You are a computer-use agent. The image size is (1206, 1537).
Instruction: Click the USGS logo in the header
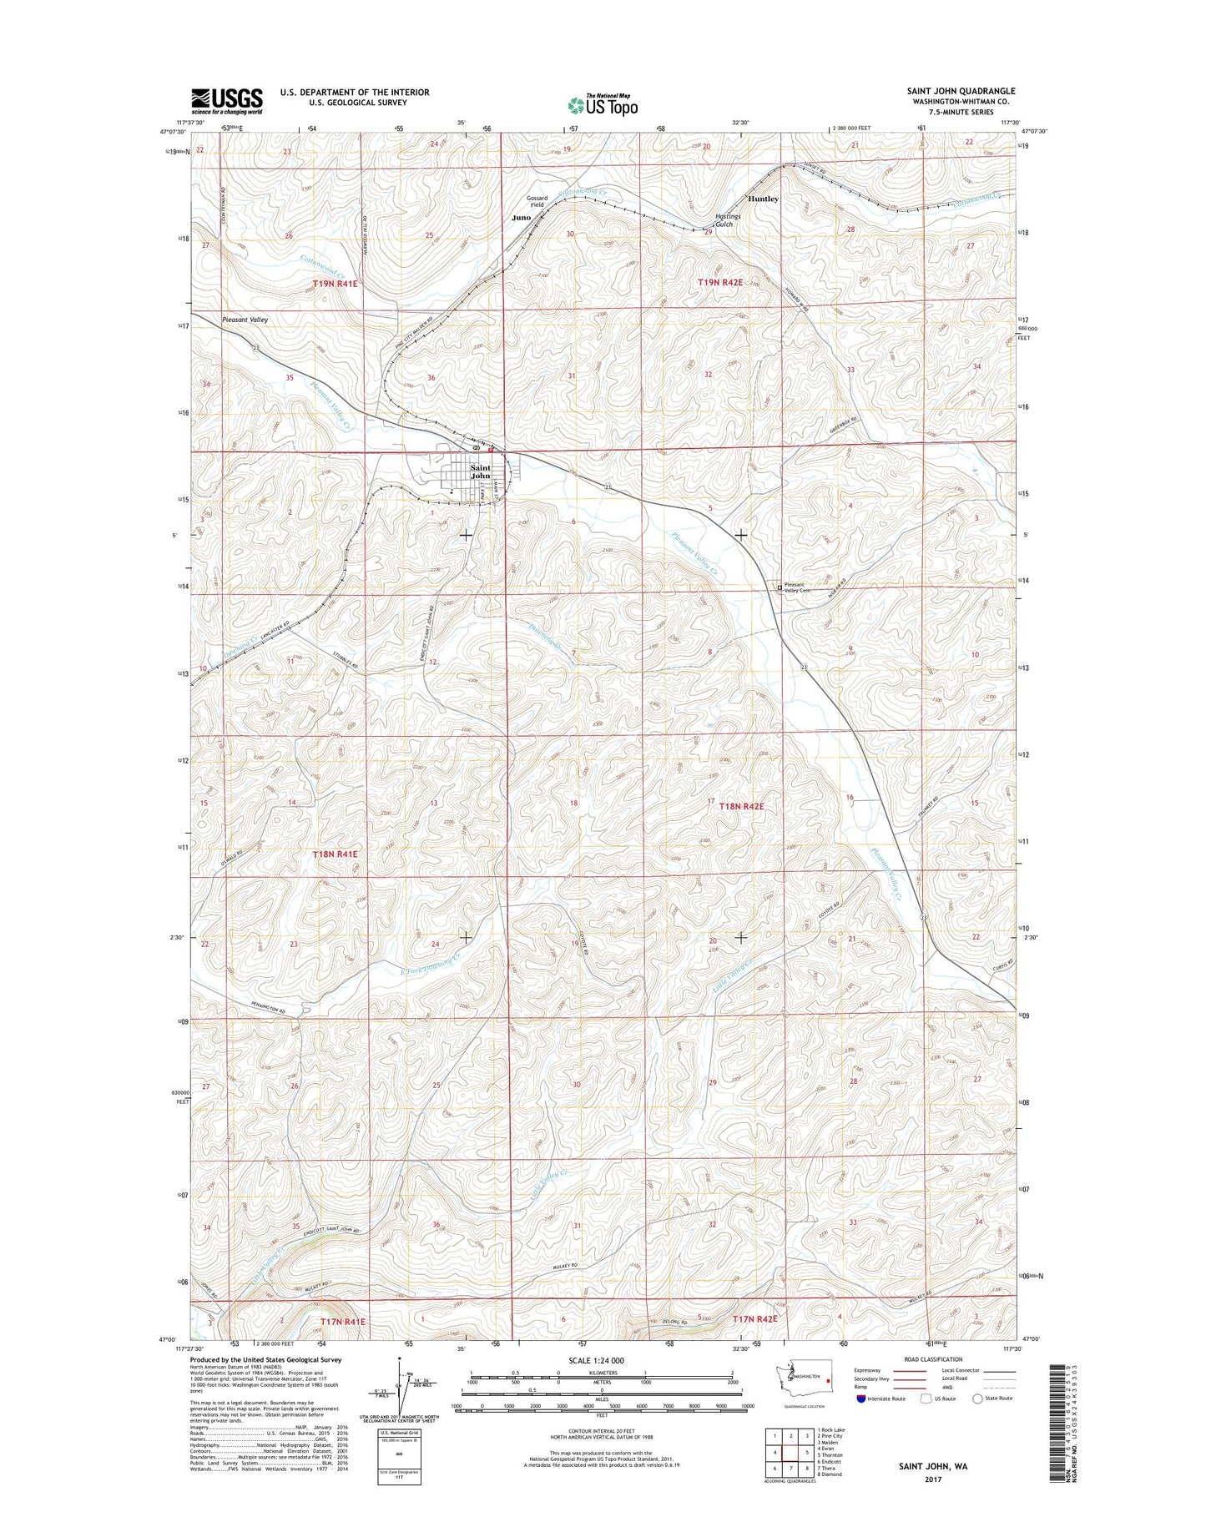[x=227, y=101]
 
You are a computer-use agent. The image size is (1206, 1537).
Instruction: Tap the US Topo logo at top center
[x=603, y=104]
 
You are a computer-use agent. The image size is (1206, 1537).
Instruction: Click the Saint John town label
[x=481, y=472]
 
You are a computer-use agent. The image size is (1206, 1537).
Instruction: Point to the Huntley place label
[x=763, y=199]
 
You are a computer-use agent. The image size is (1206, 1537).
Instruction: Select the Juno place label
[x=521, y=217]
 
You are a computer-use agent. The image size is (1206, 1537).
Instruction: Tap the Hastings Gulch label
[x=727, y=220]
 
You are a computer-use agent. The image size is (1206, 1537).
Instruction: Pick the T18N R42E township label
[x=735, y=807]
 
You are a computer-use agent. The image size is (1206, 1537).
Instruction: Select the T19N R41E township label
[x=335, y=284]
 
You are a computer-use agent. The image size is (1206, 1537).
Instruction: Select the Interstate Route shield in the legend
[x=860, y=1398]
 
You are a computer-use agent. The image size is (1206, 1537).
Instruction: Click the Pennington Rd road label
[x=261, y=1012]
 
